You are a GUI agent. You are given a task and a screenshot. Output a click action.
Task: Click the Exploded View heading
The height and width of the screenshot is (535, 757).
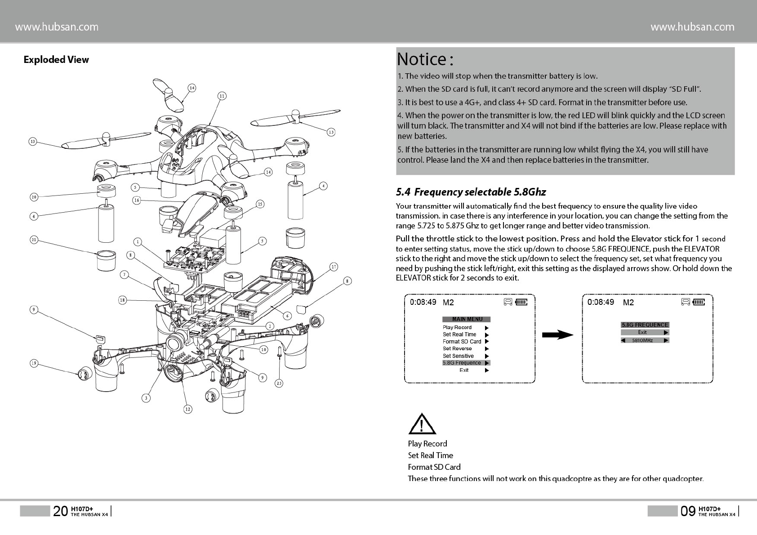tap(56, 60)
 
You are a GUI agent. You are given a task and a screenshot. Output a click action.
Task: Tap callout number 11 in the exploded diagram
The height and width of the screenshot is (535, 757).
tap(222, 96)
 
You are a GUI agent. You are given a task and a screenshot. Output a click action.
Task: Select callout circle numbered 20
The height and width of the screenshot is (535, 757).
tap(34, 197)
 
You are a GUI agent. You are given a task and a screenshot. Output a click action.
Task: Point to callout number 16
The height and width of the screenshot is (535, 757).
tap(137, 200)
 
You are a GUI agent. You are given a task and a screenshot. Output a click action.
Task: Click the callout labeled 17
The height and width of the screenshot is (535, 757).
tap(334, 267)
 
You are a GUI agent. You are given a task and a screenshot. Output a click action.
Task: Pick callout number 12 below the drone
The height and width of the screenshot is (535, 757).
tap(187, 409)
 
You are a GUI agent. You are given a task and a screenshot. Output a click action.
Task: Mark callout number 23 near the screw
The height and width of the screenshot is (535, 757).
tap(279, 383)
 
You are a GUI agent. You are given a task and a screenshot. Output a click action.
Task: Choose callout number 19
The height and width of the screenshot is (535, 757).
tap(34, 363)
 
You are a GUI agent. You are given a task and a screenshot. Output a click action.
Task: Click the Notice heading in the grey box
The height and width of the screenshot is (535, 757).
tap(425, 59)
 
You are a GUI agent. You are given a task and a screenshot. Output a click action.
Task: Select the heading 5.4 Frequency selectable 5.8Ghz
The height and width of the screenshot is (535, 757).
tap(471, 192)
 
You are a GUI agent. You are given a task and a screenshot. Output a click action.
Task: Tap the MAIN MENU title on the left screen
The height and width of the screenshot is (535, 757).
tap(467, 319)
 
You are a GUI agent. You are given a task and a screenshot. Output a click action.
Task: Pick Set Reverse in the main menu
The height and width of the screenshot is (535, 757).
tap(457, 348)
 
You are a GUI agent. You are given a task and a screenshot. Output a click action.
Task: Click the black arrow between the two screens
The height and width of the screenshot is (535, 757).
tap(557, 335)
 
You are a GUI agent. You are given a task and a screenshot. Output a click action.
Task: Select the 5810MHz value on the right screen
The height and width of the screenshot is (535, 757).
tap(642, 340)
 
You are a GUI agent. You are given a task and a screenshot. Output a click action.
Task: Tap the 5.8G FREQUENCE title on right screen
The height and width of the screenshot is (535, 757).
tap(645, 325)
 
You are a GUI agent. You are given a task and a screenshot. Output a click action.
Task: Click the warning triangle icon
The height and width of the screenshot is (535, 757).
tap(422, 424)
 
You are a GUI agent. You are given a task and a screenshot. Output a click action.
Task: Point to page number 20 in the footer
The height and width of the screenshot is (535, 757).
tap(60, 511)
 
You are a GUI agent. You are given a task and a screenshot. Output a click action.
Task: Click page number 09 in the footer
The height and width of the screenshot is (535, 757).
tap(688, 511)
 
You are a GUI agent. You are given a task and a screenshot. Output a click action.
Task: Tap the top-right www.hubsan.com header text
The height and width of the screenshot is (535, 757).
tap(692, 27)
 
